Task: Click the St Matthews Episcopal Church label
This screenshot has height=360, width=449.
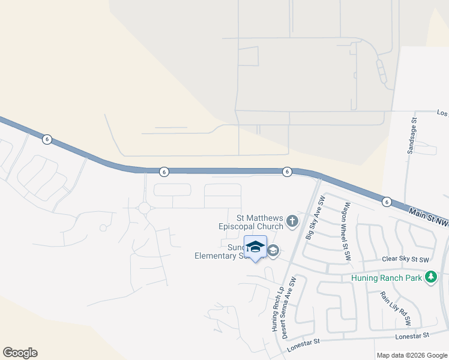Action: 251,222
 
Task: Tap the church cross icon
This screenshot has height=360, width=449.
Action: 292,222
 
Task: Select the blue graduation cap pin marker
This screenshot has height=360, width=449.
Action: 255,247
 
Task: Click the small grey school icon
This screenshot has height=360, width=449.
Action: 273,251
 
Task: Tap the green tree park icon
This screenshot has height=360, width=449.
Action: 430,277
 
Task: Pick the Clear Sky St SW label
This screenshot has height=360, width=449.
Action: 406,260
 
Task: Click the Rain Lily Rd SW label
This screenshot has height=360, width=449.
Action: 396,308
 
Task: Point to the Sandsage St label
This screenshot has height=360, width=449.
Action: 412,136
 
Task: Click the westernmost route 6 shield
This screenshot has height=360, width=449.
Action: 47,139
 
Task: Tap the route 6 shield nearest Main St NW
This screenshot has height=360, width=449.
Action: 386,202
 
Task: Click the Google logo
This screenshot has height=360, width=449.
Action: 20,353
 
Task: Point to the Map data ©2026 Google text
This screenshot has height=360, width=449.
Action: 411,355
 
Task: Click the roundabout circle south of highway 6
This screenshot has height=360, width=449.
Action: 144,208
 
